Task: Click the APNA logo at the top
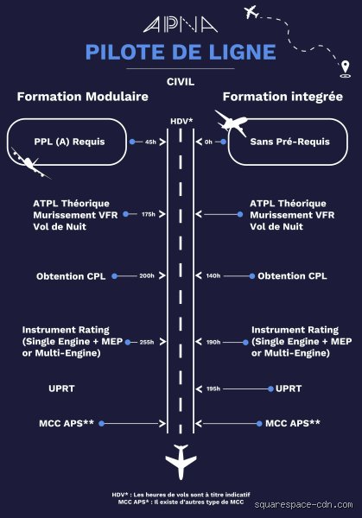click(181, 25)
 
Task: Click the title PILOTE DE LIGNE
click(181, 52)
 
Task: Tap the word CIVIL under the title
click(181, 82)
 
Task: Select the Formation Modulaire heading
click(83, 97)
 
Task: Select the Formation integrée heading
click(283, 97)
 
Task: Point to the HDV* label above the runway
click(181, 121)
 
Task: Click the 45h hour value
click(150, 142)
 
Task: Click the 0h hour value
click(208, 142)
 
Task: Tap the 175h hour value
click(149, 214)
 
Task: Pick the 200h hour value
click(147, 276)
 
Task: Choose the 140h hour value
click(213, 276)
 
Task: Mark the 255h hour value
click(147, 342)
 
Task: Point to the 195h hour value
click(213, 388)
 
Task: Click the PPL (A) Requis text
click(69, 142)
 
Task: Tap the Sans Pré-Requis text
click(290, 142)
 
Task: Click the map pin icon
click(345, 69)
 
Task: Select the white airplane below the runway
click(181, 462)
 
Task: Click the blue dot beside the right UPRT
click(270, 388)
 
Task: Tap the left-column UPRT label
click(61, 388)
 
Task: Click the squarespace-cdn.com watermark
click(304, 505)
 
